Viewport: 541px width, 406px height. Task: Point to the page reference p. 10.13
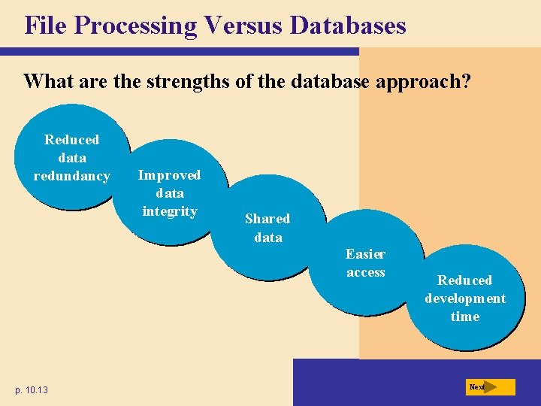pyautogui.click(x=31, y=389)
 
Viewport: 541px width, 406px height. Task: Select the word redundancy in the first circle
pyautogui.click(x=71, y=177)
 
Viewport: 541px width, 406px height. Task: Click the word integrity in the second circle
pyautogui.click(x=169, y=211)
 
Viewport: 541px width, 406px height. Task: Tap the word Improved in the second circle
pyautogui.click(x=169, y=175)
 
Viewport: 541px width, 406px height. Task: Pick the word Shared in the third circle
pyautogui.click(x=267, y=219)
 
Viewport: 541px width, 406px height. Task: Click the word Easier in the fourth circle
pyautogui.click(x=365, y=254)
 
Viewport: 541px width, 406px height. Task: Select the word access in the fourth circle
pyautogui.click(x=365, y=272)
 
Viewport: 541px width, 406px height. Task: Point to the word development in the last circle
pyautogui.click(x=465, y=298)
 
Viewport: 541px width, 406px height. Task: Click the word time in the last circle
pyautogui.click(x=465, y=317)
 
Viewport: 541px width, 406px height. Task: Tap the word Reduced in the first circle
pyautogui.click(x=71, y=140)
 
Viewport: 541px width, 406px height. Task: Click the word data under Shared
pyautogui.click(x=268, y=238)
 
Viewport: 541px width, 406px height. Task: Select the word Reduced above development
pyautogui.click(x=465, y=280)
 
